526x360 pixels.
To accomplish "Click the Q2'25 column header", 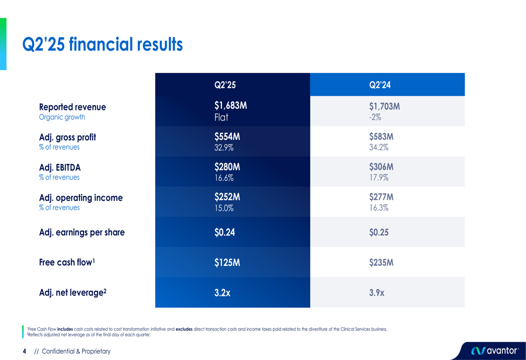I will (225, 85).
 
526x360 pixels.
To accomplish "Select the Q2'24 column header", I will (380, 85).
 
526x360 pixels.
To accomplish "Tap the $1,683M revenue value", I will (230, 106).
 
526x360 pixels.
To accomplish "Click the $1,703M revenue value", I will (385, 107).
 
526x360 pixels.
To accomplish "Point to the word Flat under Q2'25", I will (221, 117).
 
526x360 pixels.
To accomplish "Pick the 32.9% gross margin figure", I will (224, 148).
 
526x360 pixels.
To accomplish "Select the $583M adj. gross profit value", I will (381, 137).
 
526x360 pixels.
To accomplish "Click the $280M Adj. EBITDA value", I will (227, 167).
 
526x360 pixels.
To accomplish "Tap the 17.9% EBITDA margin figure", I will (379, 178).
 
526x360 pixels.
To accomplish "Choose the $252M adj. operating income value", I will (227, 197).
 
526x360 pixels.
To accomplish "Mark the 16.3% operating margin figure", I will (379, 208).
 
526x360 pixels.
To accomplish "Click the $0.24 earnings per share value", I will (225, 232).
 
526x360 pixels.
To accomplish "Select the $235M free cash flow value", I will (381, 262).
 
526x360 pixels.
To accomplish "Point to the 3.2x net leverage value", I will (222, 293).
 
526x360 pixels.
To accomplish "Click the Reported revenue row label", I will (72, 107).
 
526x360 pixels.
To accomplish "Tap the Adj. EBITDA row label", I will (59, 168).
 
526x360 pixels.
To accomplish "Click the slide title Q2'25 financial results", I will (103, 45).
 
